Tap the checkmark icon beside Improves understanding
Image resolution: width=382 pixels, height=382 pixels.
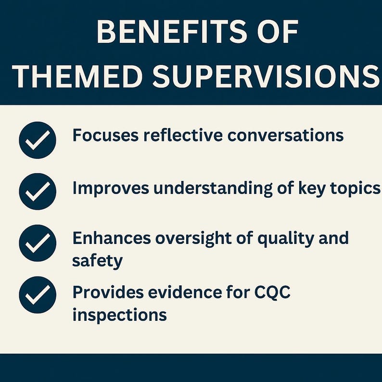pyautogui.click(x=38, y=191)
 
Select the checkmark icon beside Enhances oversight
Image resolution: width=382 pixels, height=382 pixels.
pyautogui.click(x=38, y=243)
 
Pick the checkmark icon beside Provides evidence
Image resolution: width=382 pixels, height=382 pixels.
pyautogui.click(x=38, y=295)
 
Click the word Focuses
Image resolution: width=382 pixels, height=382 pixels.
pyautogui.click(x=105, y=136)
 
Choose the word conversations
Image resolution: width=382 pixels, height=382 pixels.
pyautogui.click(x=286, y=136)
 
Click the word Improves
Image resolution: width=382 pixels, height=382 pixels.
pyautogui.click(x=109, y=189)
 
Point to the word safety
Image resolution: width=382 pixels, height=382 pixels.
pyautogui.click(x=97, y=261)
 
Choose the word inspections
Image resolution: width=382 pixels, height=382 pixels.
pyautogui.click(x=119, y=316)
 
